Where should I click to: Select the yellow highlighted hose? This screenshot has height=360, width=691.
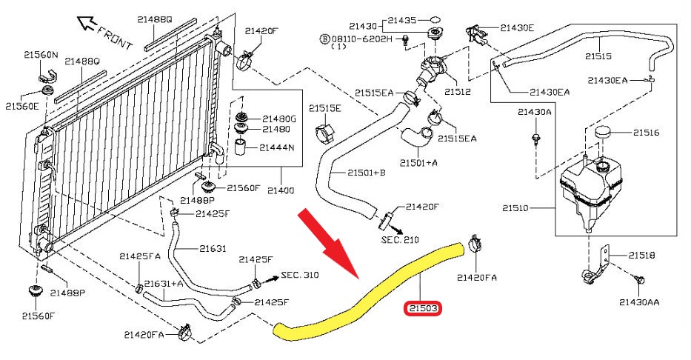coord(370,290)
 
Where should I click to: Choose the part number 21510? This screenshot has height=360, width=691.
coord(523,209)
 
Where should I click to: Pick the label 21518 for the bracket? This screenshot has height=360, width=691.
coord(643,255)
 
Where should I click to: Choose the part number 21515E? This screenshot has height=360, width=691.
coord(325,108)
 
